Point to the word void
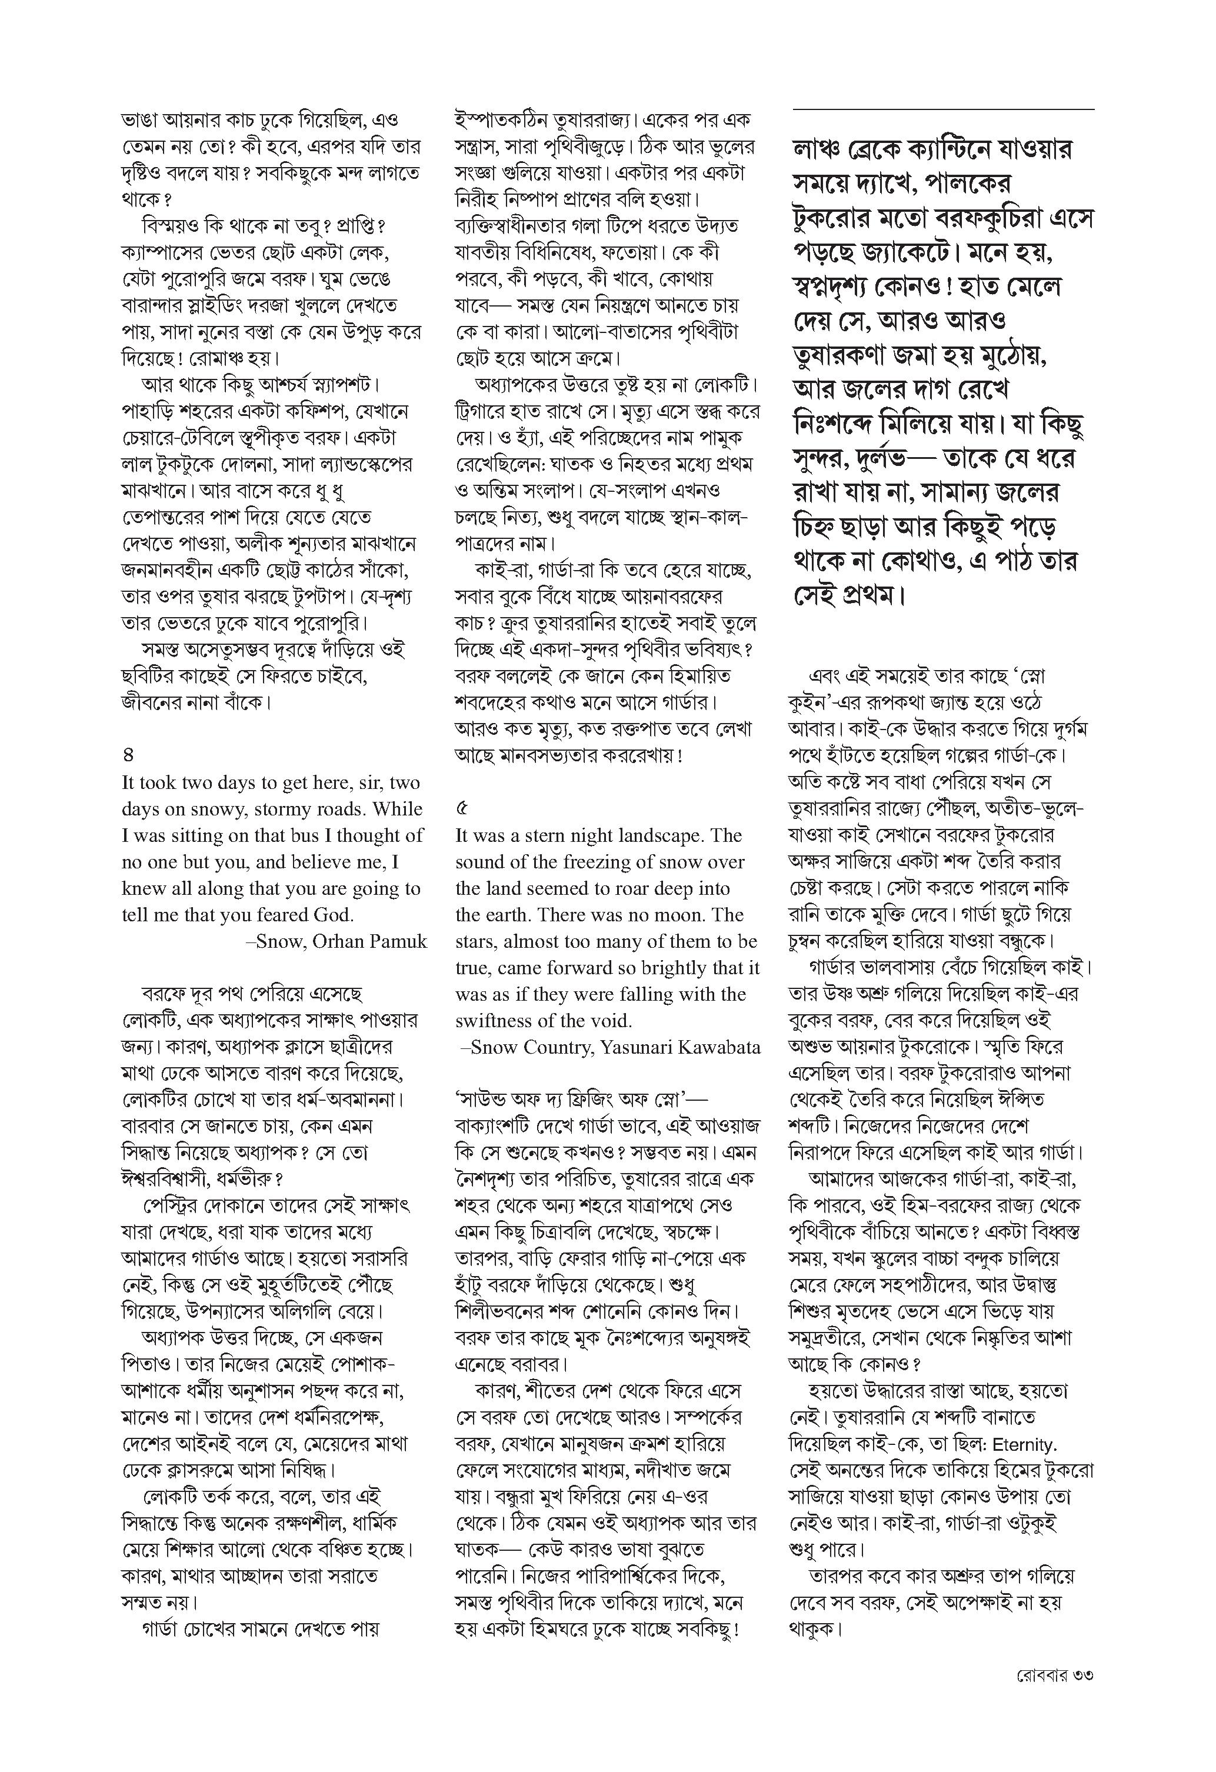point(607,1021)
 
